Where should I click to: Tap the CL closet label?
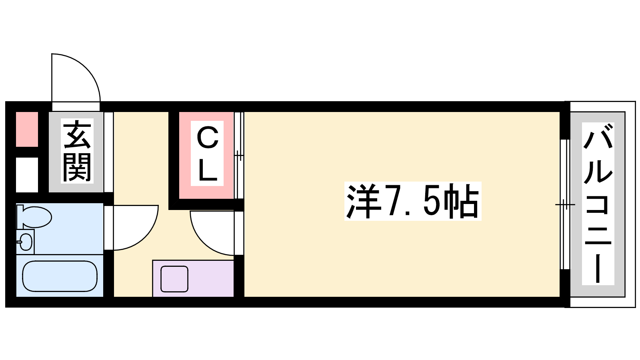[x=207, y=154]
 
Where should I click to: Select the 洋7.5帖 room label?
[x=412, y=201]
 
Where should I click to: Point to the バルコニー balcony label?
[x=598, y=204]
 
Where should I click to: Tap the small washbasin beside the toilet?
[x=25, y=242]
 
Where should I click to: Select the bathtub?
[x=60, y=276]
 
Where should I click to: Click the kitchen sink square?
[x=174, y=279]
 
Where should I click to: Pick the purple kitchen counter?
[x=193, y=278]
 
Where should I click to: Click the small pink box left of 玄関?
[x=27, y=130]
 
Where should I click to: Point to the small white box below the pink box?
[x=27, y=175]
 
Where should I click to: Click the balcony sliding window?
[x=564, y=204]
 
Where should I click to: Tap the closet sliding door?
[x=239, y=156]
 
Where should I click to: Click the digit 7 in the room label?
[x=394, y=201]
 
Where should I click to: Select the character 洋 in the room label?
[x=363, y=201]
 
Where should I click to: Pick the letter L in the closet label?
[x=208, y=170]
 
